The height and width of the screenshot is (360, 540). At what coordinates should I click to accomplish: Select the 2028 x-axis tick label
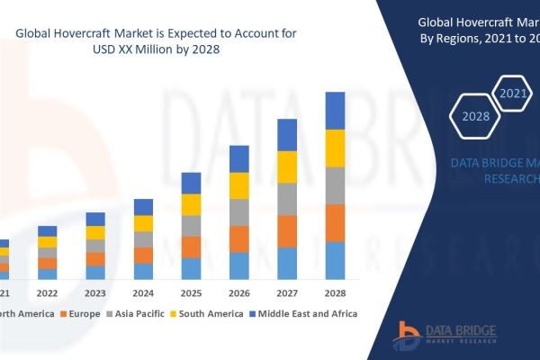[x=335, y=293]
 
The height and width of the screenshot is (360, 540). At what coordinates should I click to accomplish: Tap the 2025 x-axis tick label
[x=191, y=293]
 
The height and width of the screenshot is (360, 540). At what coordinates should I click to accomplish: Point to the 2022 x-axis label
[x=47, y=293]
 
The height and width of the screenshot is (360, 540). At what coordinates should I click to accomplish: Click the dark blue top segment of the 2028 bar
[x=335, y=111]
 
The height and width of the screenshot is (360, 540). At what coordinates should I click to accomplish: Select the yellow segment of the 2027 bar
[x=287, y=166]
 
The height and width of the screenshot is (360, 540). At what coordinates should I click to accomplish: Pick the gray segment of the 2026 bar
[x=239, y=212]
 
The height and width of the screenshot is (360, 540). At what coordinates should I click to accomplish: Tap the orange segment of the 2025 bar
[x=191, y=247]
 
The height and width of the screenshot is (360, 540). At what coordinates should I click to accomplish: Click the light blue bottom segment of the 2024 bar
[x=143, y=271]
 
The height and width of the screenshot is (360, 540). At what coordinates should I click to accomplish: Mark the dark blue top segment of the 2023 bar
[x=95, y=219]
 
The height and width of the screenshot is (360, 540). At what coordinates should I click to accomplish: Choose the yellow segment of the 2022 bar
[x=47, y=241]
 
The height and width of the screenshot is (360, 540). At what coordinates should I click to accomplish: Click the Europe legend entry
[x=79, y=313]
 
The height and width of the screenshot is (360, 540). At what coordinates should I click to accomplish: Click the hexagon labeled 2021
[x=513, y=94]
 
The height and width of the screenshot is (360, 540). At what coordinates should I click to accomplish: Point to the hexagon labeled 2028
[x=474, y=116]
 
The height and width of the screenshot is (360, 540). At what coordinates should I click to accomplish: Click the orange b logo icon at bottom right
[x=408, y=336]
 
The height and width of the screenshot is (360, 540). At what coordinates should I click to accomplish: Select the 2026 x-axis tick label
[x=239, y=293]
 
